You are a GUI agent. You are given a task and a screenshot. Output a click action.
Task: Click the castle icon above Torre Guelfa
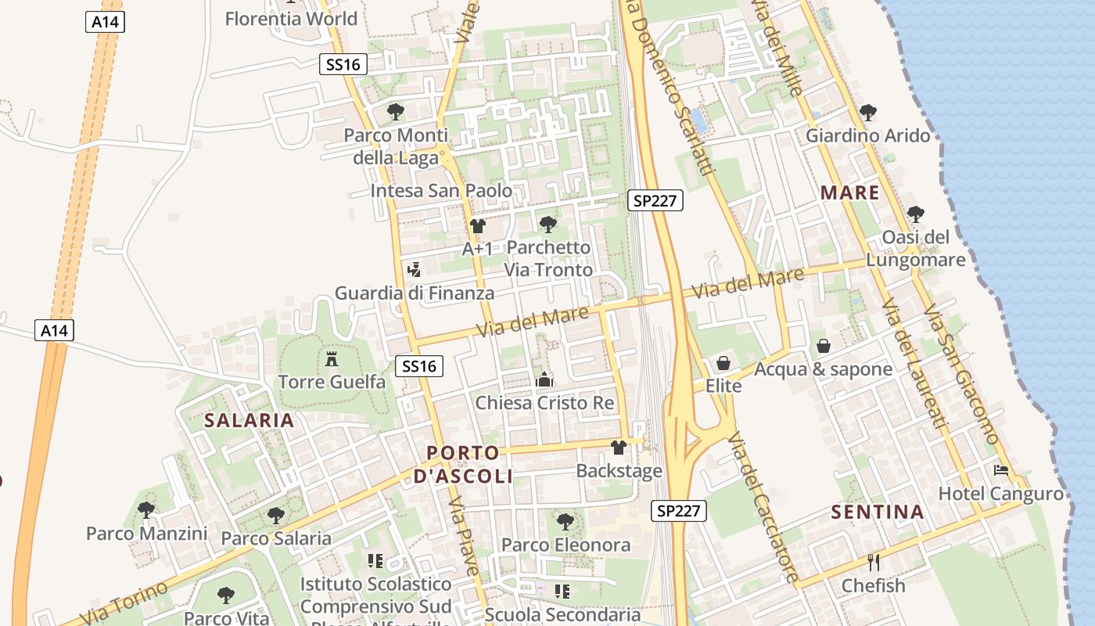click(x=332, y=359)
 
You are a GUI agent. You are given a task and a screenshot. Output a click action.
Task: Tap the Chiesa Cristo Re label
click(x=545, y=403)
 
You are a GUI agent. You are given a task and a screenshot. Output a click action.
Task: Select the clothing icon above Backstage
click(x=619, y=448)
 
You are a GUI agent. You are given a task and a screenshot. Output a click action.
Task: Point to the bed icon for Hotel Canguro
click(x=1000, y=470)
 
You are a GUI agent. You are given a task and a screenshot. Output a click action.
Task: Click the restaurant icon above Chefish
click(x=874, y=562)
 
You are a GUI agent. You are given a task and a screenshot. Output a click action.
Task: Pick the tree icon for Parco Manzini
click(x=145, y=510)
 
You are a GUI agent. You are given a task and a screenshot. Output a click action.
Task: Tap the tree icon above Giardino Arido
click(x=867, y=112)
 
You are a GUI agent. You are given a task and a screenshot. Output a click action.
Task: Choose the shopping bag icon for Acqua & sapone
click(x=824, y=345)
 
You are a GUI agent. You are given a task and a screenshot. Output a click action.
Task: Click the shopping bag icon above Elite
click(x=723, y=363)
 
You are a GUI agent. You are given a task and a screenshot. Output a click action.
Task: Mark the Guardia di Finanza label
click(x=415, y=293)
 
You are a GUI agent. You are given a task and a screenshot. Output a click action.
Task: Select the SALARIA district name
click(x=250, y=420)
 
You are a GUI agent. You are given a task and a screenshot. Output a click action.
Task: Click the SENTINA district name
click(x=878, y=513)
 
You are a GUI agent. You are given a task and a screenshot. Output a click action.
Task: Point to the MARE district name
click(x=850, y=192)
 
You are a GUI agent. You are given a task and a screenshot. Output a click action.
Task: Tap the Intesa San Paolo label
click(x=441, y=191)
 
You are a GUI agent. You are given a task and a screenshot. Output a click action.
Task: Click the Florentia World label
click(x=291, y=19)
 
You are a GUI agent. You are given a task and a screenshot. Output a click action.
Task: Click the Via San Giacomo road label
click(x=961, y=374)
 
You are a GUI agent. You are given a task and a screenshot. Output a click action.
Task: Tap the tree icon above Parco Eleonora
click(x=565, y=520)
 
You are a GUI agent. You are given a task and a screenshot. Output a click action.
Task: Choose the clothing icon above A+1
click(x=477, y=226)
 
